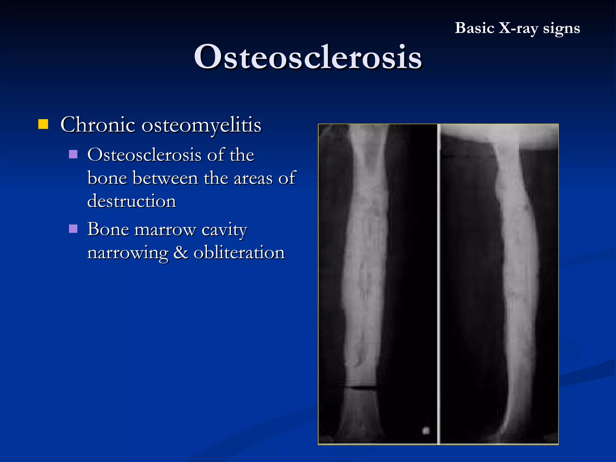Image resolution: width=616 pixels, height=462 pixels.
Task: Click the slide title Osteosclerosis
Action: tap(308, 57)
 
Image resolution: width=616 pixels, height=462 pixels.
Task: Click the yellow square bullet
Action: tap(43, 124)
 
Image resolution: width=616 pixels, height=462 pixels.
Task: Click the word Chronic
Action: tap(98, 125)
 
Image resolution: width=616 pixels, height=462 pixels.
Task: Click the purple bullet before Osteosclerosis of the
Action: tap(73, 154)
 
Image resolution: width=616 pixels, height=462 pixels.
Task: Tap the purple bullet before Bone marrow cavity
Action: tap(73, 229)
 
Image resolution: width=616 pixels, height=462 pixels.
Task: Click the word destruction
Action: tap(131, 201)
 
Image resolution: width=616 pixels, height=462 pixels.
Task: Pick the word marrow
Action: tap(165, 230)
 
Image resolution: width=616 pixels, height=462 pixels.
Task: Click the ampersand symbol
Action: tap(181, 252)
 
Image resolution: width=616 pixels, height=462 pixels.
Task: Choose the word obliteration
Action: tap(239, 253)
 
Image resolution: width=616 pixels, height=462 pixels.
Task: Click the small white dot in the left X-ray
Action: tap(426, 430)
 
